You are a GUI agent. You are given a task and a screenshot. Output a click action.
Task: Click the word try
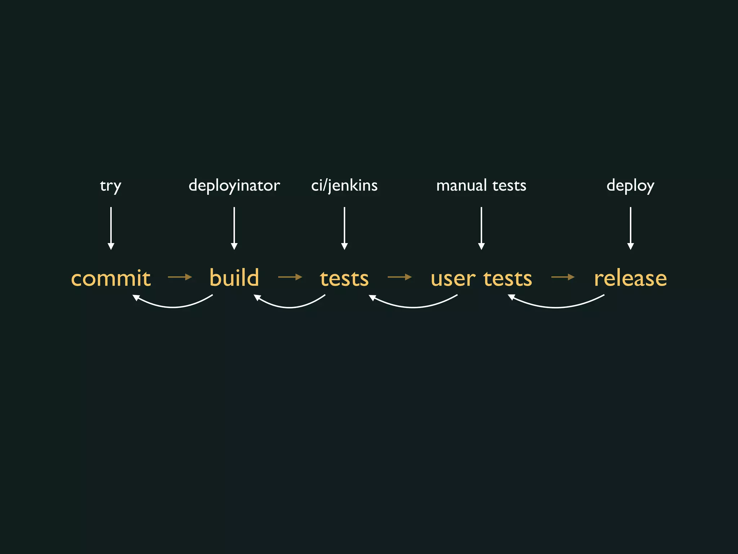coord(110,186)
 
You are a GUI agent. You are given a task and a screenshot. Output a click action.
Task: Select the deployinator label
coord(234,186)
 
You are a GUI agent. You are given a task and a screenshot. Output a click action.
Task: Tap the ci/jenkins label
coord(344,186)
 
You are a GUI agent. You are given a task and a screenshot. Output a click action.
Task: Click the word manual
coord(461,185)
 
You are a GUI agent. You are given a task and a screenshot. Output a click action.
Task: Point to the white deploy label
coord(630,186)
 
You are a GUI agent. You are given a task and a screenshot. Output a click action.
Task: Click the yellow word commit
coord(111,278)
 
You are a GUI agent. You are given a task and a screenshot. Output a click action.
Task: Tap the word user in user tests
coord(453,279)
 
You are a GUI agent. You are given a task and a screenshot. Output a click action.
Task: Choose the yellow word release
coord(630,278)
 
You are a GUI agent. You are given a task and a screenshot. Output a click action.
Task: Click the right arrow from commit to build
coord(180,277)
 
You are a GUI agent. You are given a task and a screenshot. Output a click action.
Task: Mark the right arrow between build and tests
coord(290,277)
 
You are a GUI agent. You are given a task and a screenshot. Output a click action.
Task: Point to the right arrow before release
coord(563,277)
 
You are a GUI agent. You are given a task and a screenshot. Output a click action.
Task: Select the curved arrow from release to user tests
coord(557,307)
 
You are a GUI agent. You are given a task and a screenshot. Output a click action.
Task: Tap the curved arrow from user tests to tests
coord(413,307)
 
